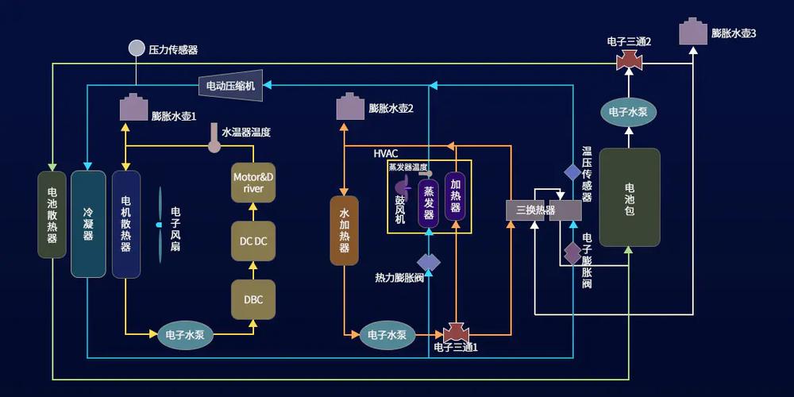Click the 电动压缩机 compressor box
pyautogui.click(x=230, y=86)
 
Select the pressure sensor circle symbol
pyautogui.click(x=137, y=48)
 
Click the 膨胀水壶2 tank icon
pyautogui.click(x=350, y=106)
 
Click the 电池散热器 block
pyautogui.click(x=52, y=214)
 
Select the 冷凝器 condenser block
pyautogui.click(x=88, y=223)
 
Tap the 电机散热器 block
pyautogui.click(x=126, y=223)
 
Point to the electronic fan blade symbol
pyautogui.click(x=159, y=225)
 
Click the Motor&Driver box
pyautogui.click(x=253, y=183)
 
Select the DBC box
pyautogui.click(x=253, y=299)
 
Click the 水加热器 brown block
pyautogui.click(x=345, y=229)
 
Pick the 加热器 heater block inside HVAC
pyautogui.click(x=455, y=195)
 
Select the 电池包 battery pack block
pyautogui.click(x=630, y=196)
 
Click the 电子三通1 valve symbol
pyautogui.click(x=457, y=332)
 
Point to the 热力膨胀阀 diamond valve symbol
pyautogui.click(x=429, y=262)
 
